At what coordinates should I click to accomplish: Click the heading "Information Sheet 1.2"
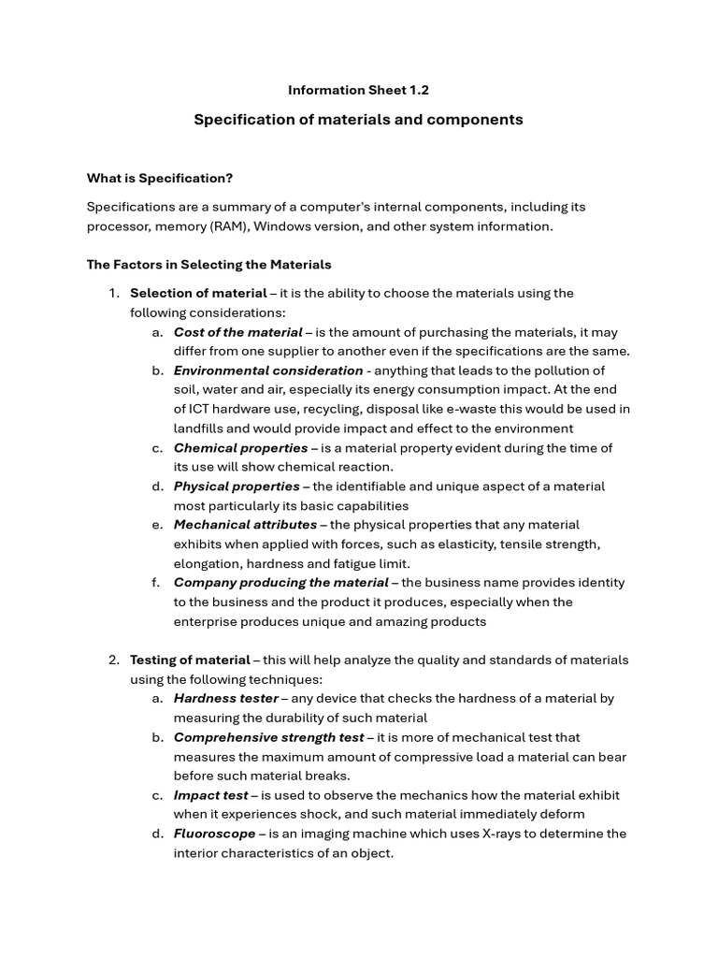point(358,90)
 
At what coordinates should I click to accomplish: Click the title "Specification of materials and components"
point(358,120)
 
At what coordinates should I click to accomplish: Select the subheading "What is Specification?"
point(160,178)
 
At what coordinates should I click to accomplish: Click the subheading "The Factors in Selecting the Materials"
point(208,265)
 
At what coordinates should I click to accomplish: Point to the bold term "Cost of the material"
point(237,332)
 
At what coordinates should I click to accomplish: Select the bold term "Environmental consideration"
point(268,370)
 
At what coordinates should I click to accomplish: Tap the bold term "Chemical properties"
point(240,448)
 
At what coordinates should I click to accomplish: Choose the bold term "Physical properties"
point(237,486)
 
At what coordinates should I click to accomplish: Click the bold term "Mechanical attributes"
point(245,525)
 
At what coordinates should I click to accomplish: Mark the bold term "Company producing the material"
point(280,583)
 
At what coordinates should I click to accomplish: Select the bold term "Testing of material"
point(190,660)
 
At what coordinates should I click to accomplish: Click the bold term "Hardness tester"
point(225,698)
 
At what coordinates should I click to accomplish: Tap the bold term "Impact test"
point(210,795)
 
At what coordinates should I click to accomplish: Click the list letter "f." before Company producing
point(156,583)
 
